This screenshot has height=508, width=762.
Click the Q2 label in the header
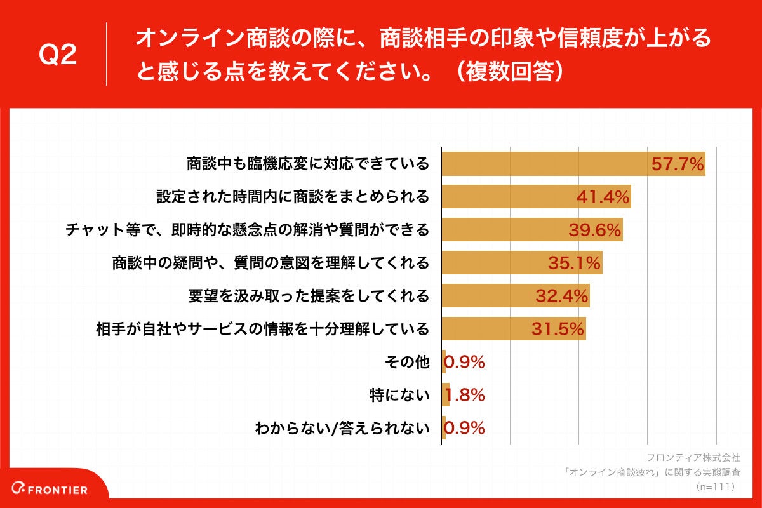[58, 55]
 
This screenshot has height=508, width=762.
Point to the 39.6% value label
[594, 230]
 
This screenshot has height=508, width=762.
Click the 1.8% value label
[464, 395]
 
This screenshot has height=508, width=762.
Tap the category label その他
[407, 363]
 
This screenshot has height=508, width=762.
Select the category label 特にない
[400, 396]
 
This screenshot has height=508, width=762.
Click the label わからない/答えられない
[342, 429]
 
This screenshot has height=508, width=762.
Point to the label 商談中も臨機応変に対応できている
[308, 164]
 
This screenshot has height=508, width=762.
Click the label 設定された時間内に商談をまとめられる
[293, 197]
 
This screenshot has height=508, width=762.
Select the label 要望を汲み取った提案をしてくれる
[309, 296]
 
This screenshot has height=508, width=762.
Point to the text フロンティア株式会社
[693, 457]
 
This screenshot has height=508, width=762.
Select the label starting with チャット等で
[248, 230]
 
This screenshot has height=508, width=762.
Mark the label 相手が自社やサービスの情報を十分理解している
[262, 329]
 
